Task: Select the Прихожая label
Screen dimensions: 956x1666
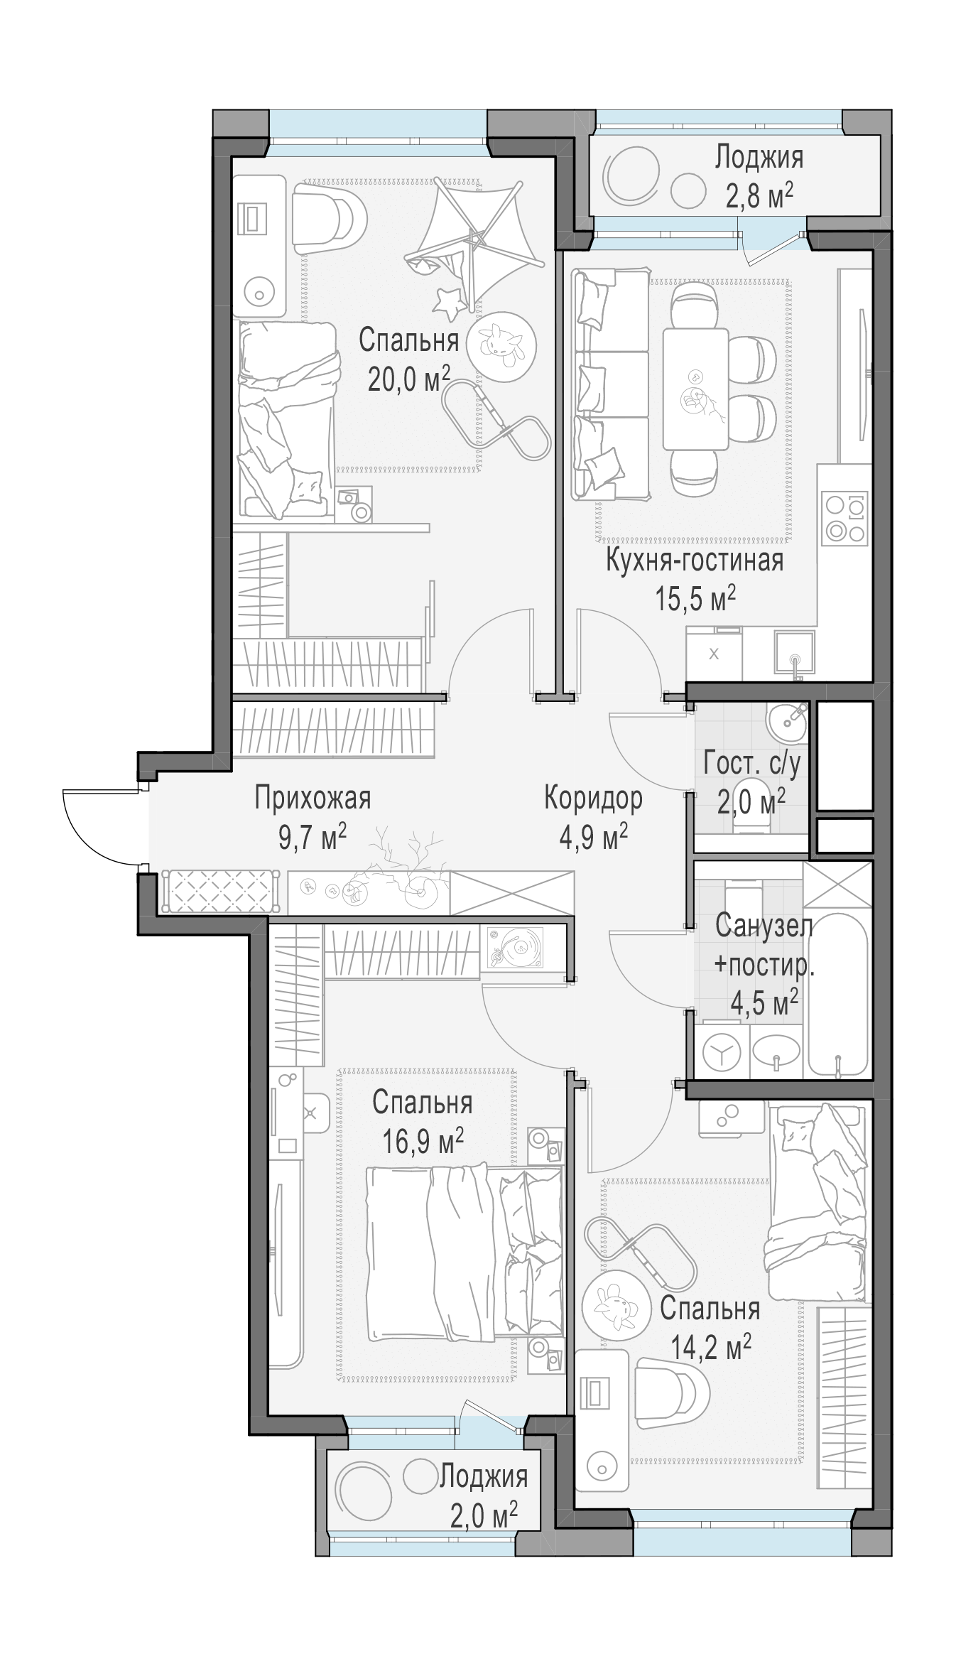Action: (313, 798)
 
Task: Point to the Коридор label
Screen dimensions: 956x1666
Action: (593, 798)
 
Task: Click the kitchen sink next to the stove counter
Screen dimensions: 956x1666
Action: (795, 652)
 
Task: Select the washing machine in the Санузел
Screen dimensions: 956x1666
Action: (720, 1055)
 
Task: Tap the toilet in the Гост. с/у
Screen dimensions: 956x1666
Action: (751, 821)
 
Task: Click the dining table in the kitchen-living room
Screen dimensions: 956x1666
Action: (695, 389)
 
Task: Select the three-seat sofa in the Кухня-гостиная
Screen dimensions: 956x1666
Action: (610, 384)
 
